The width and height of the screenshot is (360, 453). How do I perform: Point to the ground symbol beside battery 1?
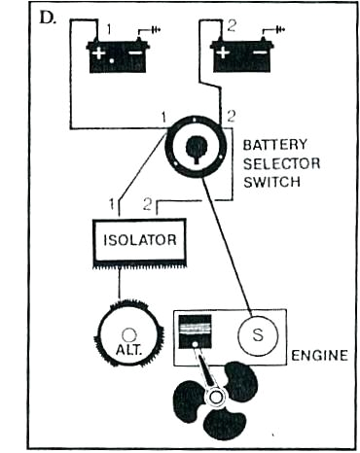tap(151, 29)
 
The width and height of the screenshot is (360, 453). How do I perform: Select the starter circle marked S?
tap(257, 336)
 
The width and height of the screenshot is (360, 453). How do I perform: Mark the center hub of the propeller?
tap(213, 398)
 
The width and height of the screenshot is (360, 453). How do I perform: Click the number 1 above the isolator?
tap(113, 205)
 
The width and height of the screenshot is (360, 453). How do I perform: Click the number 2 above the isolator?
tap(147, 205)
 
